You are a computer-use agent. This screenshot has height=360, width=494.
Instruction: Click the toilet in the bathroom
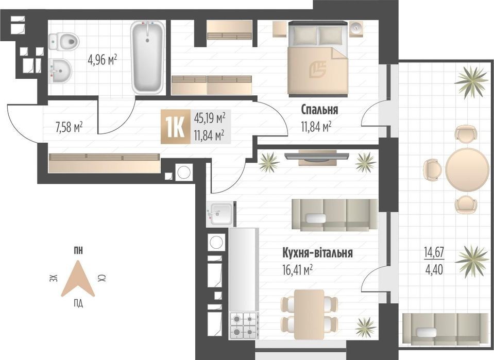click(x=63, y=41)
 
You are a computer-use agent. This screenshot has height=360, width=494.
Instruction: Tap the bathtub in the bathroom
click(x=147, y=57)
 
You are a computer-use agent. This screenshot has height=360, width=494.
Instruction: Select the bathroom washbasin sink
click(x=60, y=71)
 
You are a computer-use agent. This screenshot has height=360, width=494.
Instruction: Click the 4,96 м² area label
click(x=103, y=60)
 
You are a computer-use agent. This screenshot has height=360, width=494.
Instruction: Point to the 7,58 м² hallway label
click(x=69, y=127)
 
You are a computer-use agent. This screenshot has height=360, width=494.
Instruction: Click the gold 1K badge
click(x=176, y=127)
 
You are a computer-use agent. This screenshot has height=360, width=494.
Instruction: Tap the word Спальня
click(x=319, y=110)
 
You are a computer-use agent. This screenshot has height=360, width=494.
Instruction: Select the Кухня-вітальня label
click(x=317, y=253)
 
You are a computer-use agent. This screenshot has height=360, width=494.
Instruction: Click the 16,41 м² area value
click(x=298, y=269)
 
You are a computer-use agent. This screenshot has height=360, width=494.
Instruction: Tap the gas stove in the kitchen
click(x=244, y=325)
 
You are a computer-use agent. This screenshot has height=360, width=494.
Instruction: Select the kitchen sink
click(x=221, y=214)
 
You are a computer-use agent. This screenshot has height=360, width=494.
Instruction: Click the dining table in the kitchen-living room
click(x=309, y=314)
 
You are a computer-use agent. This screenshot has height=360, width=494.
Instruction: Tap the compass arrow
click(x=78, y=279)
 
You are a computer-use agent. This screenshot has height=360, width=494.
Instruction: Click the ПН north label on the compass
click(x=78, y=251)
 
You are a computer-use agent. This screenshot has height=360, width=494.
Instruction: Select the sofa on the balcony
click(x=446, y=330)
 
